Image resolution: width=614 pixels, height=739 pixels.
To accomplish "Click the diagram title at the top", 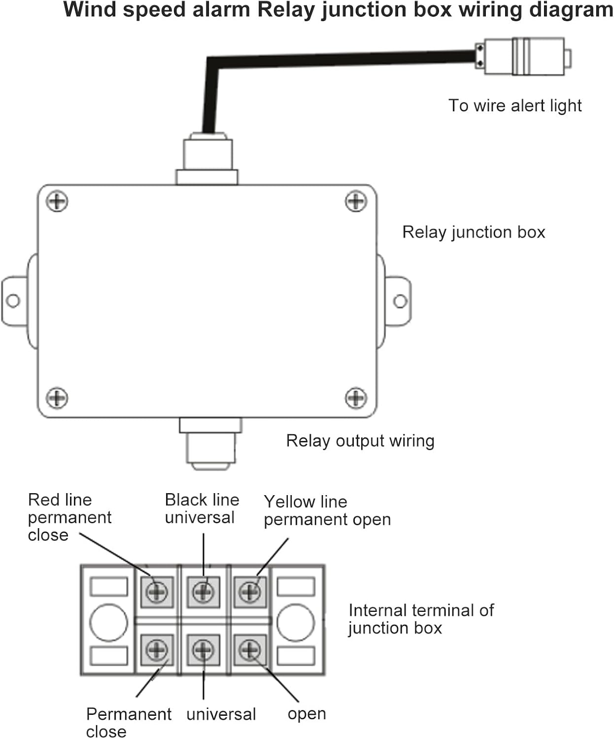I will [338, 10].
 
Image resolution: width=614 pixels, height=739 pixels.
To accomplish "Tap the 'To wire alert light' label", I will [514, 105].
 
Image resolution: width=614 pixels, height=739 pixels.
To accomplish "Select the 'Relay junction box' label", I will [474, 232].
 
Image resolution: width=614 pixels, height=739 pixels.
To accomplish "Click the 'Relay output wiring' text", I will [360, 440].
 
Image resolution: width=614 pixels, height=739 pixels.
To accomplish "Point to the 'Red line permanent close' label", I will [69, 517].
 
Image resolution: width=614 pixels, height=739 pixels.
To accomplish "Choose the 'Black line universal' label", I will [202, 508].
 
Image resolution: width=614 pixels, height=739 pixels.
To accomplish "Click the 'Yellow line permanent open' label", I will [327, 510].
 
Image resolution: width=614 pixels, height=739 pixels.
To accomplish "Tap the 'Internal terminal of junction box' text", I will [420, 619].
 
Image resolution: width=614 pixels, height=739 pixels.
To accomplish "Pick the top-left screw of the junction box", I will [57, 202].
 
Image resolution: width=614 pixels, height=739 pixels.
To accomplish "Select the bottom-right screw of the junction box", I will [356, 398].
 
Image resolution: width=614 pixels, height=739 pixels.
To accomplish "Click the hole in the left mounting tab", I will [13, 301].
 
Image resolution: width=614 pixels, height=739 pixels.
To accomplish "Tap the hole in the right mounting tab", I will [400, 301].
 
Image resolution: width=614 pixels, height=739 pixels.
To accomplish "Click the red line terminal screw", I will [157, 591].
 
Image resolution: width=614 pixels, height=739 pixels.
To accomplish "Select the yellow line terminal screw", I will [250, 591].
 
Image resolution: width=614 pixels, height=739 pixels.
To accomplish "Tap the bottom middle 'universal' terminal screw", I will [203, 650].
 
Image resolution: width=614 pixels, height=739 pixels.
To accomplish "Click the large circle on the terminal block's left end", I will [108, 622].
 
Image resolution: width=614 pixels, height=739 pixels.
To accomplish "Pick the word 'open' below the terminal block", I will [307, 714].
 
